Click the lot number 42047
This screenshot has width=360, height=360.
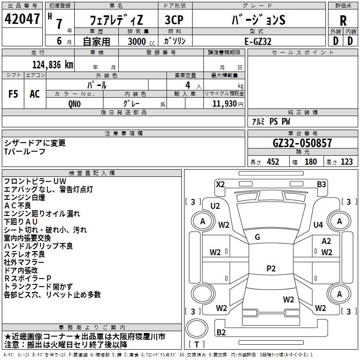[x=22, y=19]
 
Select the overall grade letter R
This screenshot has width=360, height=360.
[x=343, y=21]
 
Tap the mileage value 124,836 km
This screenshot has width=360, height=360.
[x=53, y=65]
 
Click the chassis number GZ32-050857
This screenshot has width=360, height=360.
[x=302, y=143]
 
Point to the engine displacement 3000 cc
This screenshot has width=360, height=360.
[x=141, y=41]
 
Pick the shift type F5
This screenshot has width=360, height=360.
[x=13, y=94]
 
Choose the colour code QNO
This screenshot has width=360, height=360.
[x=75, y=104]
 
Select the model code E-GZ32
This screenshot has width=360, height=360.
[x=258, y=41]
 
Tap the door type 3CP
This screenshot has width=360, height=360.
[x=174, y=20]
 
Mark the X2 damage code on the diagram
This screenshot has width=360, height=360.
[x=220, y=184]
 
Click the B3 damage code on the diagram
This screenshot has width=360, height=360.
[x=321, y=184]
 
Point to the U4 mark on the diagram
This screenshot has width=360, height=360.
[x=318, y=225]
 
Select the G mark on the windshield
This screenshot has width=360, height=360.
[x=257, y=237]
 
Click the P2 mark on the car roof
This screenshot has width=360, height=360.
[x=271, y=268]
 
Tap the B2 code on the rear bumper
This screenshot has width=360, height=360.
[x=221, y=332]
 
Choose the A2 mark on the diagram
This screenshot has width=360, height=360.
[x=326, y=241]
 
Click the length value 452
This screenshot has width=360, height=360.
[x=273, y=162]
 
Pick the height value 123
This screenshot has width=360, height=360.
[x=346, y=162]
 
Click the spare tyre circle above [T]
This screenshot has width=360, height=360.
[x=197, y=328]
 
